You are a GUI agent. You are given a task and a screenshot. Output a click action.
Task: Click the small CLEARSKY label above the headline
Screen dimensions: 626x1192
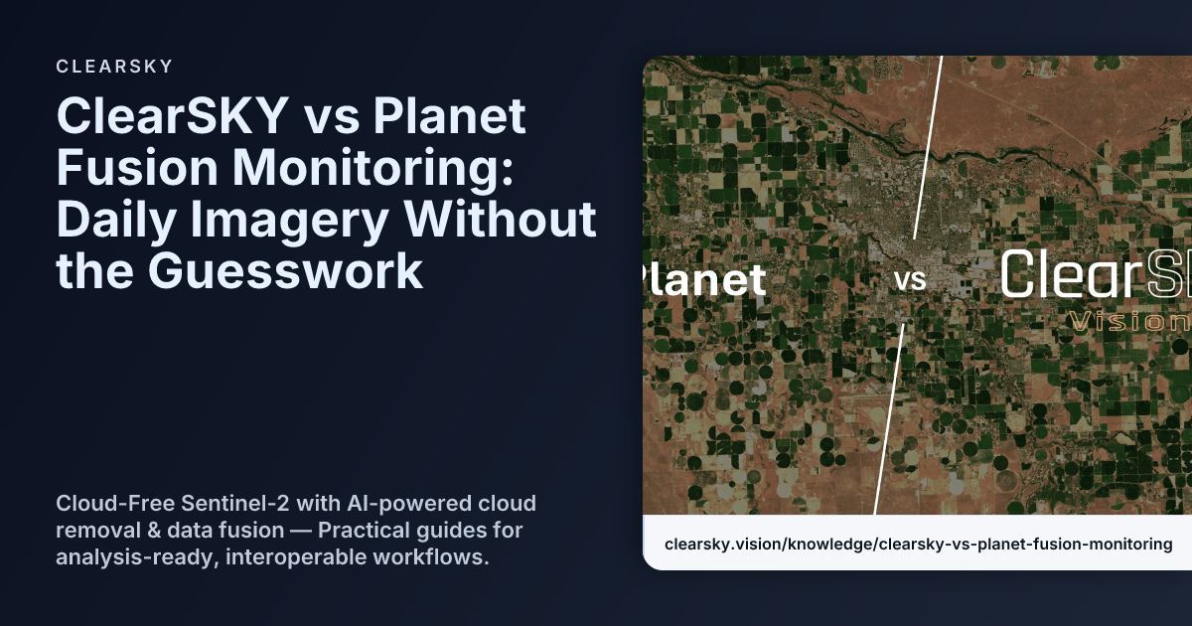pos(115,67)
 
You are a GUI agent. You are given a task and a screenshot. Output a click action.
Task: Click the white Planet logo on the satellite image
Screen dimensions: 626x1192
pos(705,280)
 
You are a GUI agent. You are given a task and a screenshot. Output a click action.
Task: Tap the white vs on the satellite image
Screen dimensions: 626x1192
pos(909,281)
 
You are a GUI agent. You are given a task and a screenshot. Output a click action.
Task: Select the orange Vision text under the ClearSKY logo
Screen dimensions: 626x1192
pos(1127,321)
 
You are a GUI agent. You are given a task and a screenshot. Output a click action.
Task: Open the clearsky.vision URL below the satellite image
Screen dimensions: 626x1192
pos(918,544)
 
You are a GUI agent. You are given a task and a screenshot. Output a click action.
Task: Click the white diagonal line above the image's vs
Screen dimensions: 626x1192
pos(928,149)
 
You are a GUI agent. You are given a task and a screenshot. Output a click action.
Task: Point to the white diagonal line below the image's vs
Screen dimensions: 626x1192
pos(889,417)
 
